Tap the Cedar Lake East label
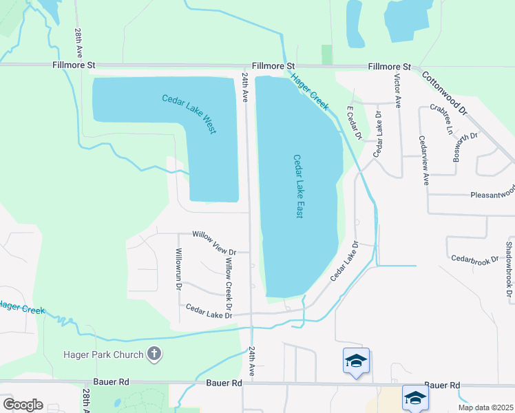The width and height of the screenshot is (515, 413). click(299, 187)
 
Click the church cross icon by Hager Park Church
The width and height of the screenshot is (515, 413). click(154, 354)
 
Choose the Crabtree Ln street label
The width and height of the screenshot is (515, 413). click(441, 118)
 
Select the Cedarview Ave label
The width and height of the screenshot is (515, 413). click(423, 160)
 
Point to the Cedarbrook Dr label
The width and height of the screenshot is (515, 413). click(474, 259)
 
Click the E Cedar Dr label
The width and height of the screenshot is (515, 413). click(354, 122)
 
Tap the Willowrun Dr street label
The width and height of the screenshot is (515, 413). click(178, 269)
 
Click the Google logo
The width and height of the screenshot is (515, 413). click(23, 404)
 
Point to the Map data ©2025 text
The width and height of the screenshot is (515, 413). click(485, 407)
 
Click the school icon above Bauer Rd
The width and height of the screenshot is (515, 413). click(356, 361)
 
